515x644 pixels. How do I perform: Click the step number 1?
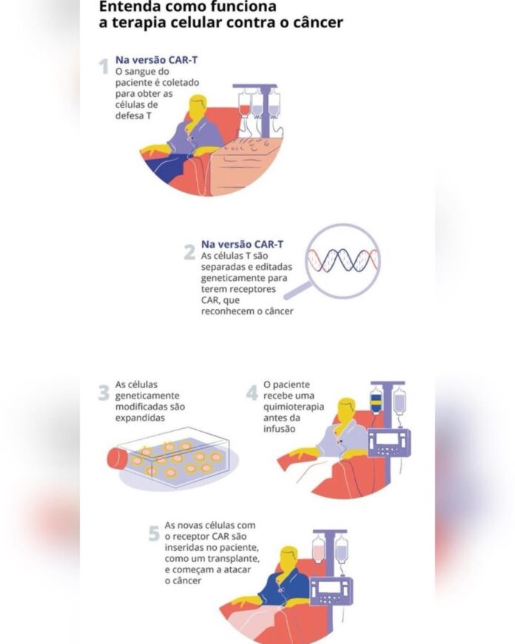(104, 67)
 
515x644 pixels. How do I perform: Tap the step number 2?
(189, 252)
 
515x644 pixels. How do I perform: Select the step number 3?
(104, 393)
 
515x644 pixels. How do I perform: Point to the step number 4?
(252, 393)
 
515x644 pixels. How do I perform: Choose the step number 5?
(154, 534)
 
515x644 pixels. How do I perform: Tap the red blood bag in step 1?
(245, 104)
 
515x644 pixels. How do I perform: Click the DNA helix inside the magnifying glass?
(343, 260)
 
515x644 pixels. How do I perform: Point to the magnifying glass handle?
(298, 291)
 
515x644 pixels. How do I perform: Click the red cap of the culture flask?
(116, 458)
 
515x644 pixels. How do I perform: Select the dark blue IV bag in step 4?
(376, 400)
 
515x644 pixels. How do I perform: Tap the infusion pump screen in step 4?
(387, 438)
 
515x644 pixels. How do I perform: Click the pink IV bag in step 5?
(319, 549)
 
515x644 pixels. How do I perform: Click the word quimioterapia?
(294, 407)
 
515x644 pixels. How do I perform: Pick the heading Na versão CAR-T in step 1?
(156, 60)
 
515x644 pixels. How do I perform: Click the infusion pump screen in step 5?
(329, 586)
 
